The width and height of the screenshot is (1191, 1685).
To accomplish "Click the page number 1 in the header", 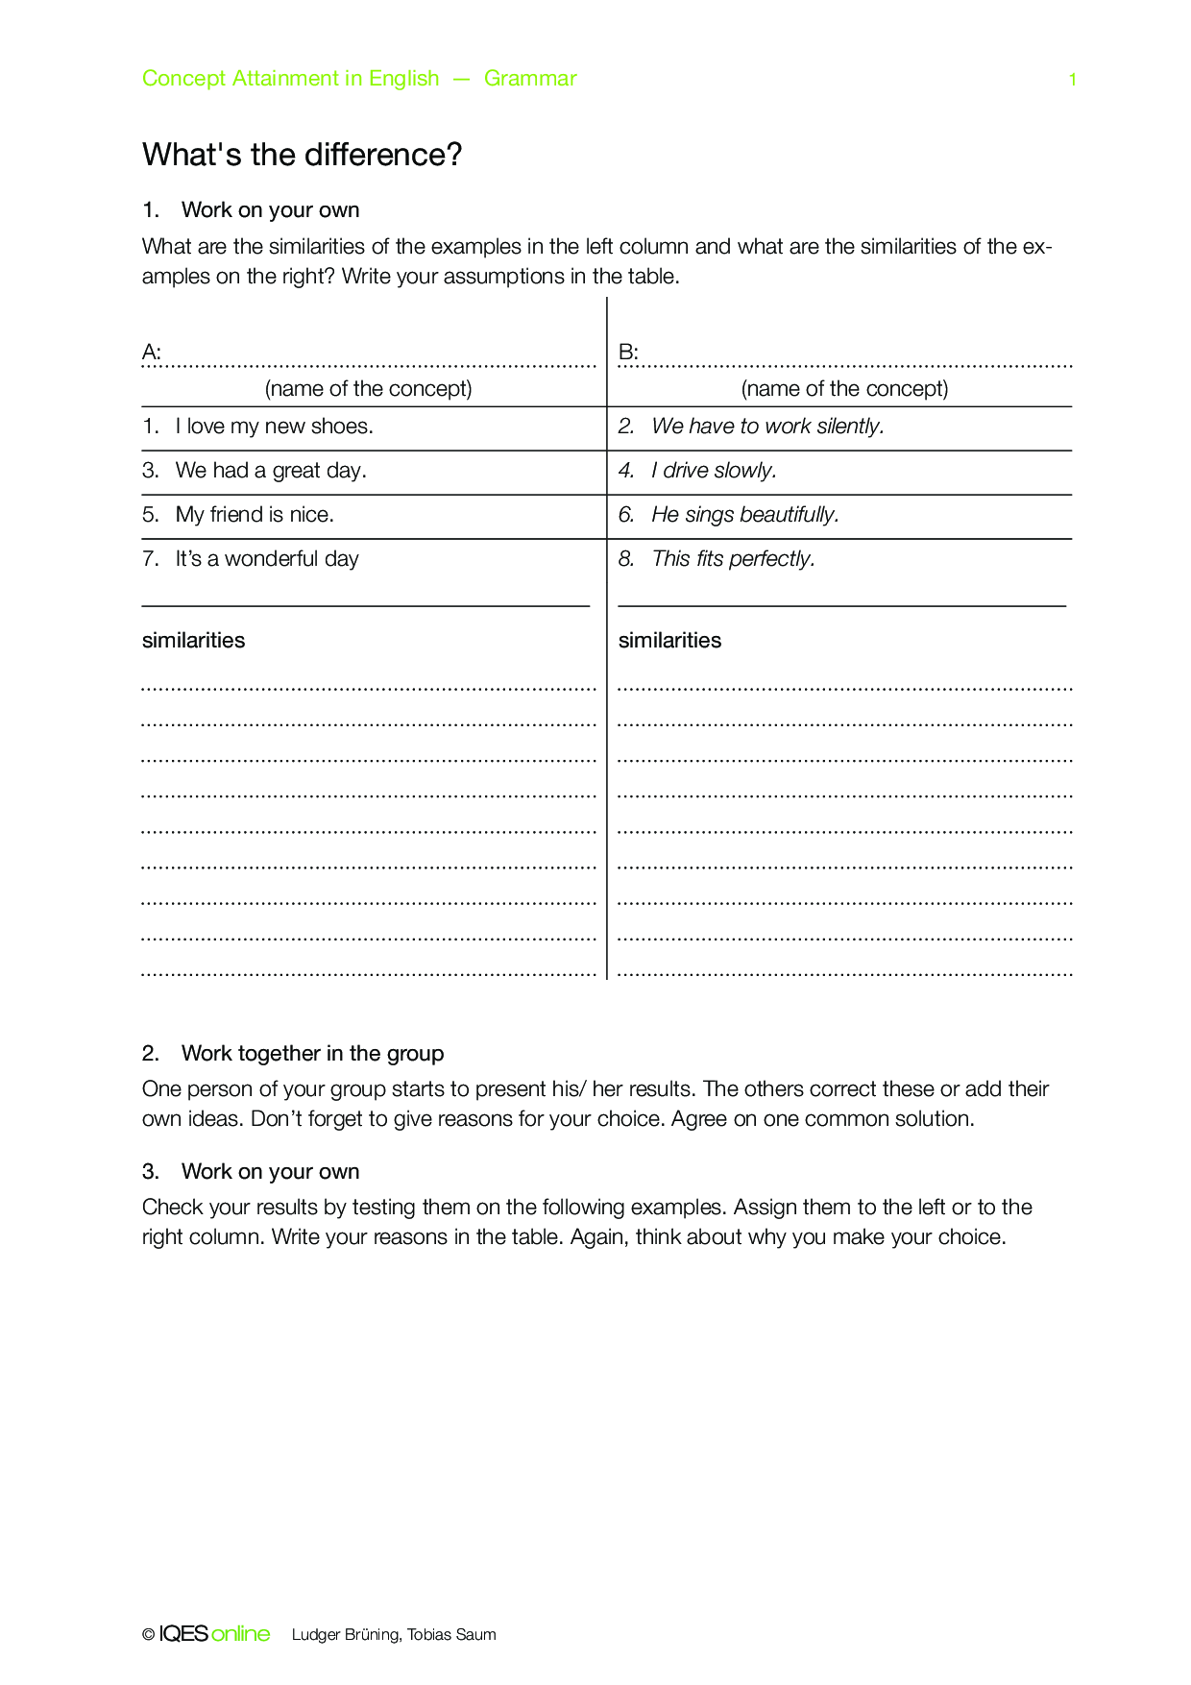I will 1072,80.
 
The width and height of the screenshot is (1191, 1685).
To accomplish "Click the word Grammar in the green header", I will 530,79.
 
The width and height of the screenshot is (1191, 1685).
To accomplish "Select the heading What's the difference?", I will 302,155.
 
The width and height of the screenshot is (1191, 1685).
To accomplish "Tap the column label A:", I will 151,352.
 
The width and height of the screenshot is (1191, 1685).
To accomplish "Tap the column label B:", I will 628,352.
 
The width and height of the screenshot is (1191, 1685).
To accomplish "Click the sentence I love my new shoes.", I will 274,427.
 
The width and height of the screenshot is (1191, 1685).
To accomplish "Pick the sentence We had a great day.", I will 270,471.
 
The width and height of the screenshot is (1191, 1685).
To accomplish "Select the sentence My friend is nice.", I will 255,515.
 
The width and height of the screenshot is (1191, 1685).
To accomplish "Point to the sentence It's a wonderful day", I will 266,559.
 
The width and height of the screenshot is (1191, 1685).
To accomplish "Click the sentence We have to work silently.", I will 767,427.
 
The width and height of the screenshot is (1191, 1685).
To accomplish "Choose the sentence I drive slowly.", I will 714,471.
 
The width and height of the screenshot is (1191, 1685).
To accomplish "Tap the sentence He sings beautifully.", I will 744,515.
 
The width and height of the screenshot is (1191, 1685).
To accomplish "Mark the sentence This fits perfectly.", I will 733,559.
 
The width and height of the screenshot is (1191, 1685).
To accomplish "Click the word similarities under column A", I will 193,641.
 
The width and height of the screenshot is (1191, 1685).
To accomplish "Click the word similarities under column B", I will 669,641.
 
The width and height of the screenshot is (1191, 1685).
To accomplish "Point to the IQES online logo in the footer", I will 214,1634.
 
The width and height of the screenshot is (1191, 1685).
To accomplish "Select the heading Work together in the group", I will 312,1054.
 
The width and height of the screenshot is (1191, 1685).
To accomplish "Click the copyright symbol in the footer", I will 148,1635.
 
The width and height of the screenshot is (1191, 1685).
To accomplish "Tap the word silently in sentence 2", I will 850,427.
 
